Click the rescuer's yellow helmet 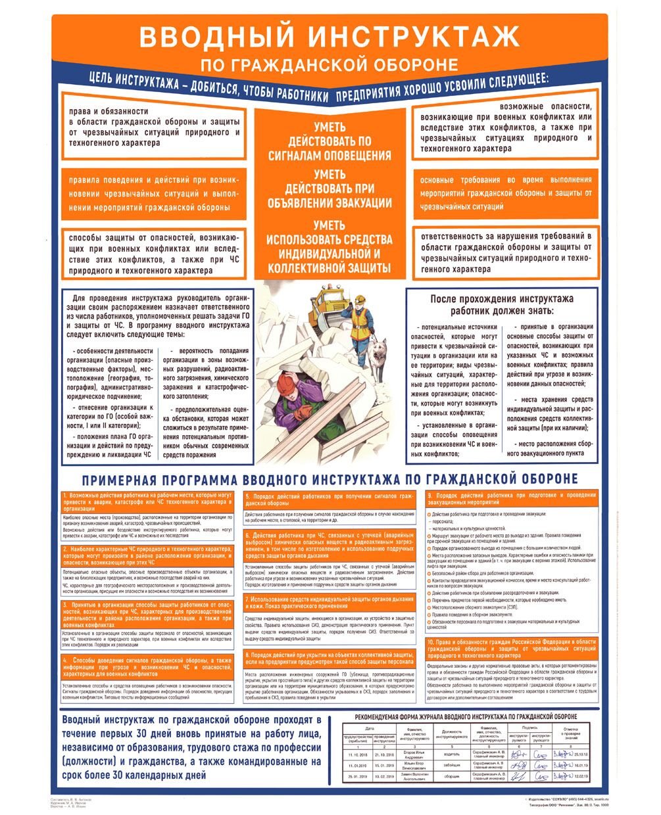tap(360, 297)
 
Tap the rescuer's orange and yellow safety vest tap(360, 321)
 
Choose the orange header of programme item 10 tap(511, 648)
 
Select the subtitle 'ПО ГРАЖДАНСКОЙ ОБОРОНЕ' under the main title tap(330, 64)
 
